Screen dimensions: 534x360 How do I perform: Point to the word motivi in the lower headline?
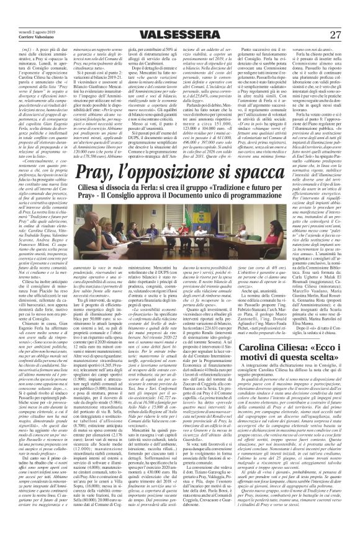tap(271, 371)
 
